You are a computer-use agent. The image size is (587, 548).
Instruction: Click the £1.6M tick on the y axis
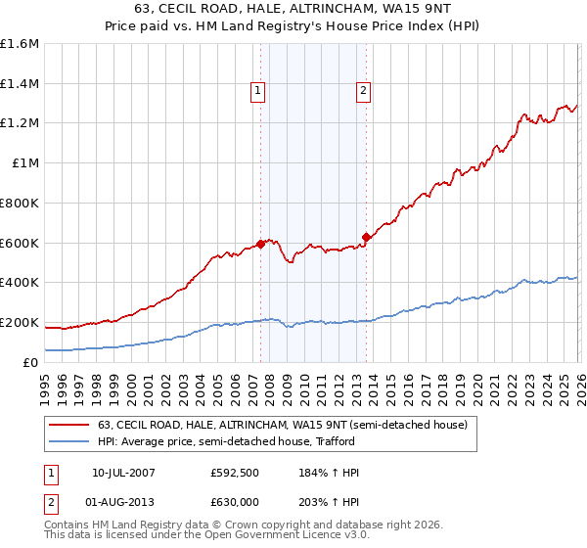20,44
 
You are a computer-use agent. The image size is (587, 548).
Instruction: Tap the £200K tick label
20,322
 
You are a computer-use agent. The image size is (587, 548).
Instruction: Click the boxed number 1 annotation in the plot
258,92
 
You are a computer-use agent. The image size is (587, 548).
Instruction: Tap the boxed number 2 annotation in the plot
363,92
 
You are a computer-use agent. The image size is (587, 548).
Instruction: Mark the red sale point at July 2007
261,244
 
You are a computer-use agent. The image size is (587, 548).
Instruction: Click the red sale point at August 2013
366,236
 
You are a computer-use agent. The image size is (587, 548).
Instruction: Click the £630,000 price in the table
233,502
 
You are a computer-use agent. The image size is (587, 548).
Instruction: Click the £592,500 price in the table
233,473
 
